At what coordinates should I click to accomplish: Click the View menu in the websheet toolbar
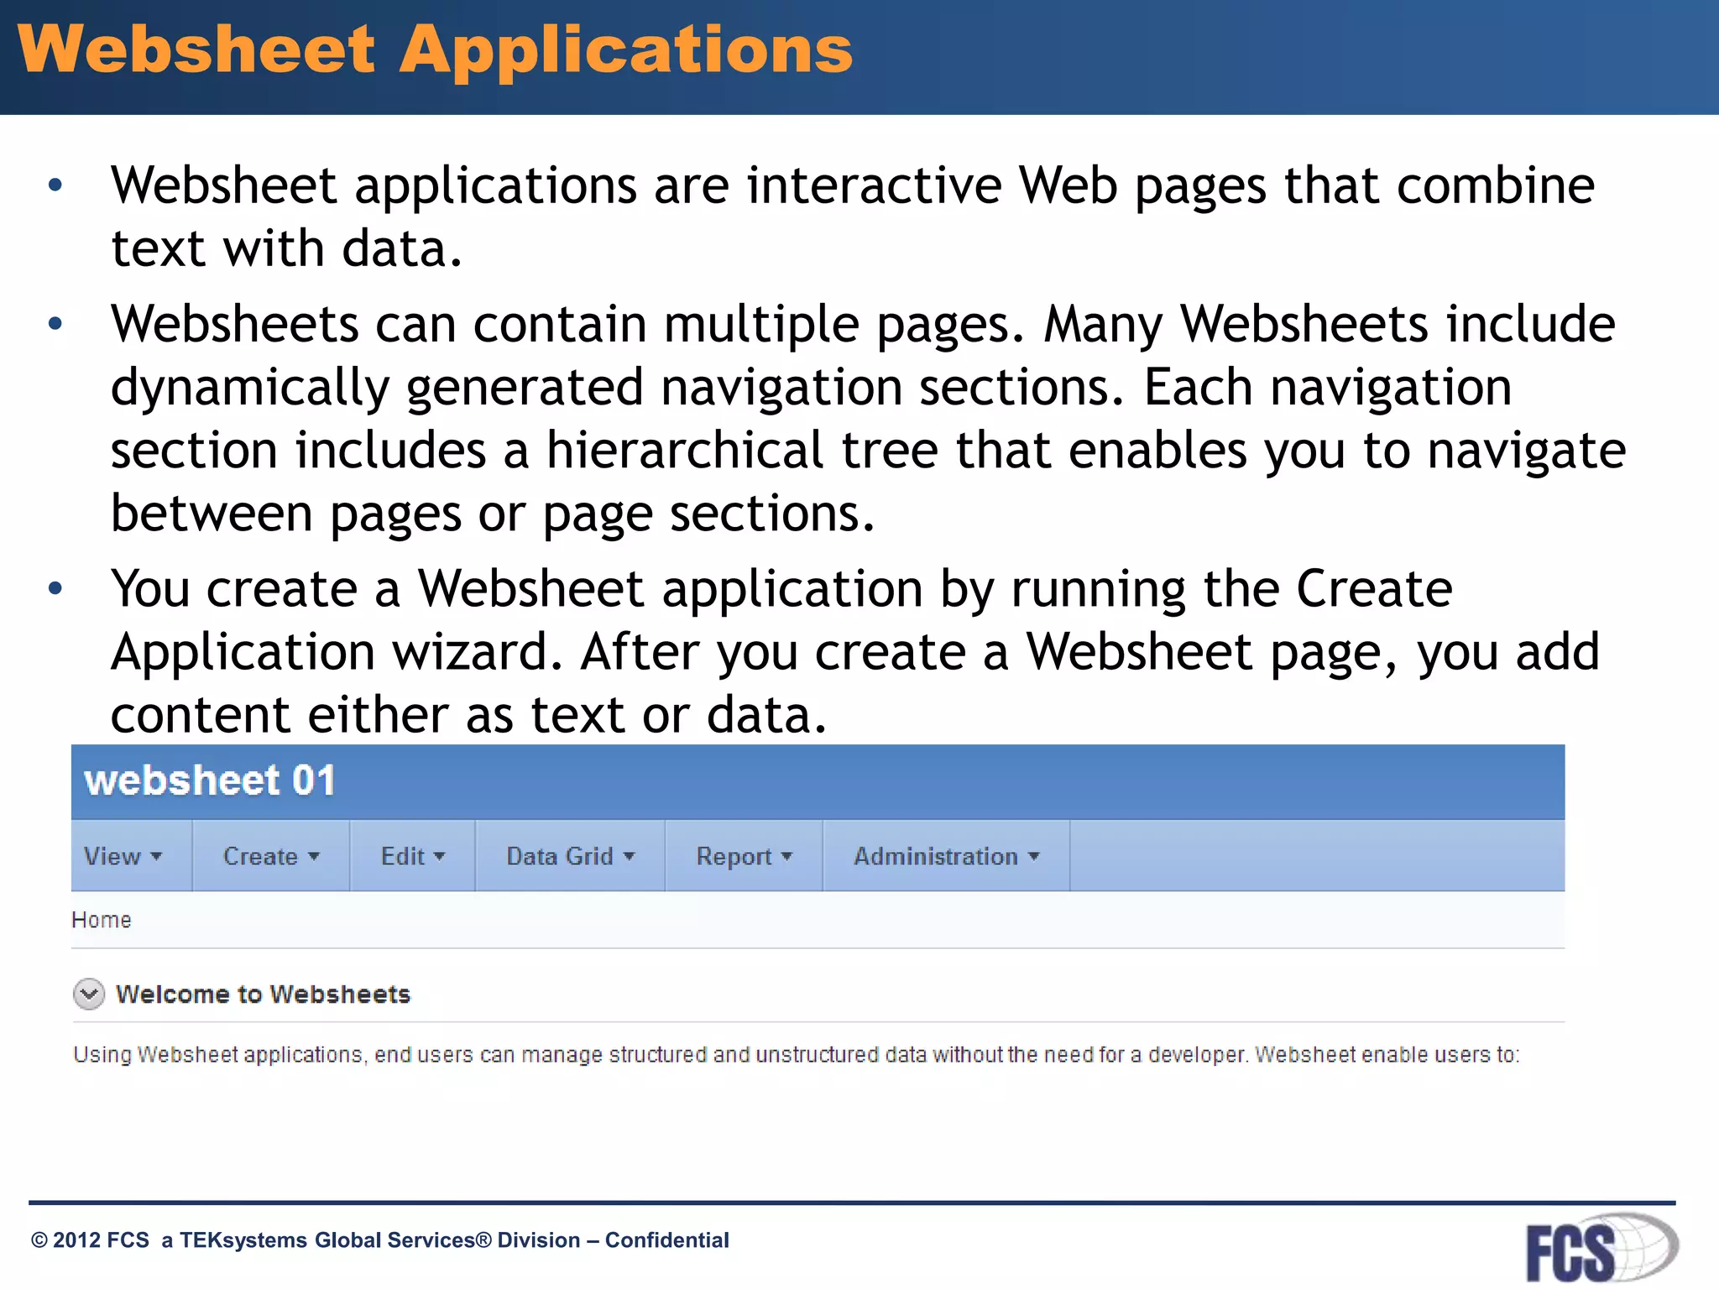(x=123, y=856)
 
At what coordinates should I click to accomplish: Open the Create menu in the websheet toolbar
(x=270, y=856)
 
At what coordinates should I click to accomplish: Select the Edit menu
(x=412, y=856)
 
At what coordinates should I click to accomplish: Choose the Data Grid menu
(x=570, y=856)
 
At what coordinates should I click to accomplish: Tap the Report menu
(x=744, y=856)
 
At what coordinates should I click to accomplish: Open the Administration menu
(x=946, y=856)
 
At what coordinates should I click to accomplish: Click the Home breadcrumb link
(x=102, y=920)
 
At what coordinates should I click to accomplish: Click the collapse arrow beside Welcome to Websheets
(x=89, y=994)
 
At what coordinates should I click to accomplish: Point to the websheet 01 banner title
(x=210, y=780)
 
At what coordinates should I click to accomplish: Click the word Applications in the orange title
(x=625, y=50)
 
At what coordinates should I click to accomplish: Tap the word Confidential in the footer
(x=666, y=1240)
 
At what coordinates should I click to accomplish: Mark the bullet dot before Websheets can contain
(x=55, y=324)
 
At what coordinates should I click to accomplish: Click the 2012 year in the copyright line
(x=76, y=1240)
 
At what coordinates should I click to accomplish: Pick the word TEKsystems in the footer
(x=243, y=1240)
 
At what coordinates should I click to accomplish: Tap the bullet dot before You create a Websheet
(x=55, y=588)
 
